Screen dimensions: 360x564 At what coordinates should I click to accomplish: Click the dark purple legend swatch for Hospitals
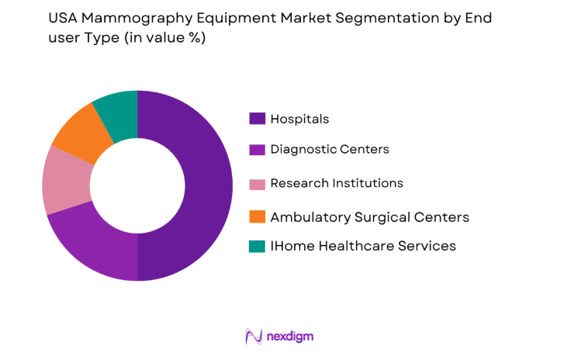[256, 119]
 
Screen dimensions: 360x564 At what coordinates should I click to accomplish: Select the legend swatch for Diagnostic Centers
[256, 151]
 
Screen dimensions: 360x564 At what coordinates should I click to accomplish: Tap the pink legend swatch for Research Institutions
[256, 183]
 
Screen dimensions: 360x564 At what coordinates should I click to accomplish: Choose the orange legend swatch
[256, 216]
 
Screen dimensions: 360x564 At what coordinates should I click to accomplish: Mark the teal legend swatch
[256, 247]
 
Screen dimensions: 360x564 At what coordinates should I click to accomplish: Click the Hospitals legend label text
[299, 119]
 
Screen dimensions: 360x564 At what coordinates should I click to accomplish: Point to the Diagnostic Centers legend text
[329, 151]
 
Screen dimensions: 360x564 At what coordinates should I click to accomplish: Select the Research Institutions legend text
[336, 183]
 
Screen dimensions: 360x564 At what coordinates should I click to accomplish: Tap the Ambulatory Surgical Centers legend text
[369, 216]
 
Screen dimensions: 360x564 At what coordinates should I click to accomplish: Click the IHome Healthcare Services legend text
[362, 247]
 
